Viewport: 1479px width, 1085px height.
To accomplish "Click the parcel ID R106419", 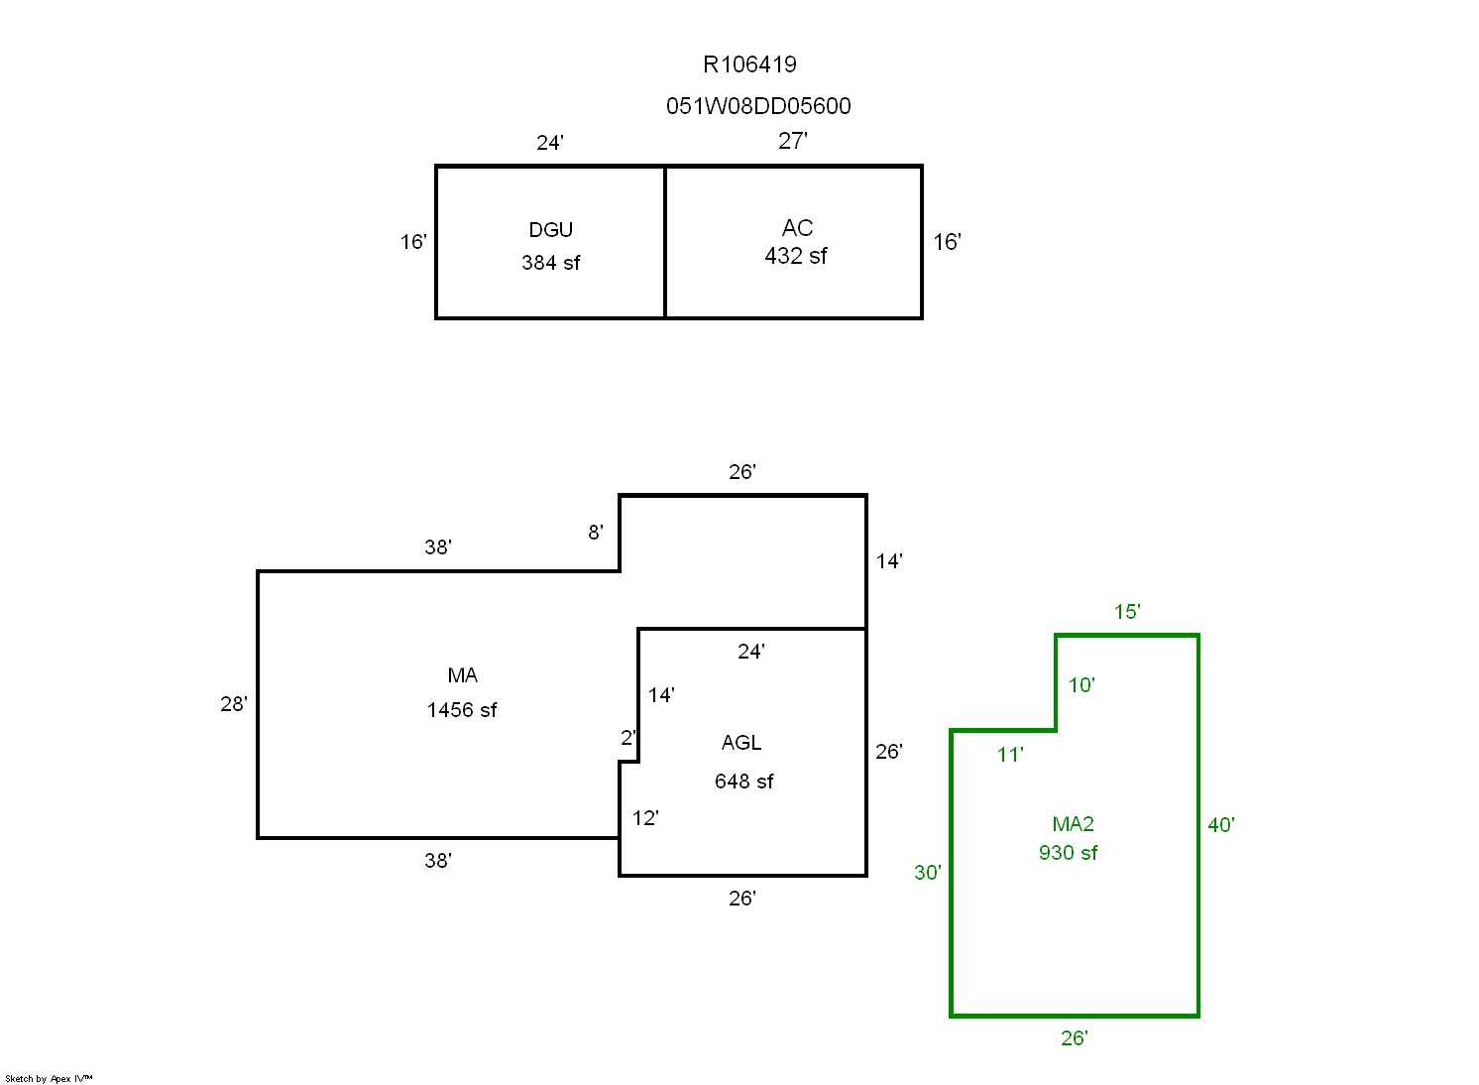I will click(x=749, y=65).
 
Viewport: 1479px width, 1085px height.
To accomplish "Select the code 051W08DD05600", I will click(x=758, y=106).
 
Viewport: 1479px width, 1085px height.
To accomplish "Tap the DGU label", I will click(x=550, y=230).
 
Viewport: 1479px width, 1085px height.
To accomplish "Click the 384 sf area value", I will click(x=550, y=263).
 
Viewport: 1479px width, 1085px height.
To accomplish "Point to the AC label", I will click(x=797, y=228).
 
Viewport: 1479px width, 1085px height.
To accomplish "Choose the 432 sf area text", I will click(x=795, y=256).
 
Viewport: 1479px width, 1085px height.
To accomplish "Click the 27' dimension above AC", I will click(x=792, y=141).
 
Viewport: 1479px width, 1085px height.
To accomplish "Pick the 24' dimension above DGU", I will click(x=550, y=143).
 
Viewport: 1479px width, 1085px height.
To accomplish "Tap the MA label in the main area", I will click(x=462, y=675).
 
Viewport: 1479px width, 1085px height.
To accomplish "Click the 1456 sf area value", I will click(x=462, y=710).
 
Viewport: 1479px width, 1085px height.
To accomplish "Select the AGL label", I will click(x=741, y=743).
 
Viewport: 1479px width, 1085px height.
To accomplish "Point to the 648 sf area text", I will click(x=743, y=782).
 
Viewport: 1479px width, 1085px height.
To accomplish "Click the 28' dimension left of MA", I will click(x=234, y=704).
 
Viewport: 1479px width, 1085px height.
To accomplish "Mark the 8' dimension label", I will click(x=595, y=533).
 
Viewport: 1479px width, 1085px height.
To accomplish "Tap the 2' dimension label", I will click(x=627, y=738).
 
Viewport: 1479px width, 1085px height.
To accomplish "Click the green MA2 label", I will click(x=1073, y=824).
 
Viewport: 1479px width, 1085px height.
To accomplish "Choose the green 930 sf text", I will click(x=1068, y=853).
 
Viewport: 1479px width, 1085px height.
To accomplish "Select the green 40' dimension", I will click(x=1220, y=825).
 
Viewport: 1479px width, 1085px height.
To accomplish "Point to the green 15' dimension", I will click(x=1126, y=612).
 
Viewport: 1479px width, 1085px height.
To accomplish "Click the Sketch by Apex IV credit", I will click(x=49, y=1078).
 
